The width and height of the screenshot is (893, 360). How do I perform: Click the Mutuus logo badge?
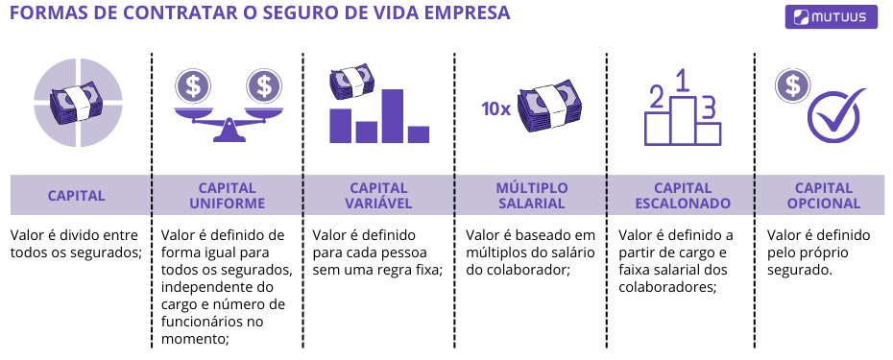(x=831, y=16)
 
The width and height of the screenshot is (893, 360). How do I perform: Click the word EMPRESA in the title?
(x=459, y=14)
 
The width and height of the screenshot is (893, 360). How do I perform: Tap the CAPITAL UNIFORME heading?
(x=227, y=196)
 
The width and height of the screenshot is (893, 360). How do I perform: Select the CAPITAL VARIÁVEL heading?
(x=378, y=196)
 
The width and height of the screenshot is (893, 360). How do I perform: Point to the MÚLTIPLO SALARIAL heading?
(x=531, y=196)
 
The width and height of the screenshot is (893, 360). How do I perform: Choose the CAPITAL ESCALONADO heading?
(x=683, y=196)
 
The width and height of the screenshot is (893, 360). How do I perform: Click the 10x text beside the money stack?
(x=495, y=108)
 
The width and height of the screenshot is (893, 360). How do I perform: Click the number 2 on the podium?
(x=658, y=97)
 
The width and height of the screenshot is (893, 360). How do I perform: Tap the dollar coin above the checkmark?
(x=792, y=84)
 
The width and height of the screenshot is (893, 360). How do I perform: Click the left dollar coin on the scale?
(x=194, y=86)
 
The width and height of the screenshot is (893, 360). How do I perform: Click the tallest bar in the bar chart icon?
(x=392, y=115)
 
